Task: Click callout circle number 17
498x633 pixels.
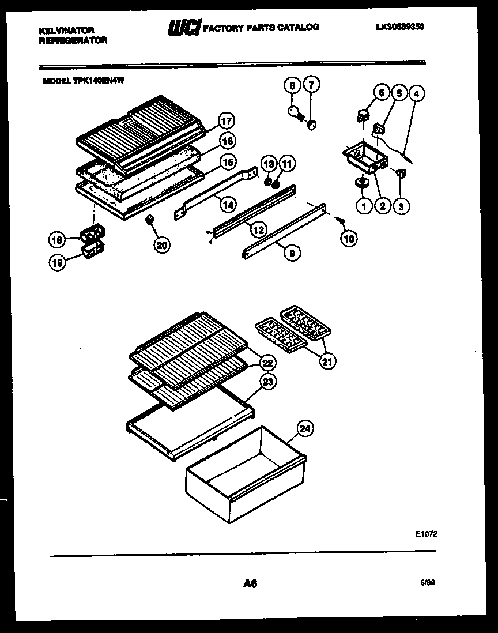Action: point(228,121)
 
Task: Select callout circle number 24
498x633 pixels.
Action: point(305,428)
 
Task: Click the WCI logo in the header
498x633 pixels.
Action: point(183,28)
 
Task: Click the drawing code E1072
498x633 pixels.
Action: point(427,534)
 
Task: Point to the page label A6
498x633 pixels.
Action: point(250,583)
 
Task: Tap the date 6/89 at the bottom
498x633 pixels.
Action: point(427,583)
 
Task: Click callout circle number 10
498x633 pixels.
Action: point(349,238)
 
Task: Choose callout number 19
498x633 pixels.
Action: point(57,262)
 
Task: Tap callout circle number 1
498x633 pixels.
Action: point(363,205)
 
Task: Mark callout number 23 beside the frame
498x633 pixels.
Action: point(268,381)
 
